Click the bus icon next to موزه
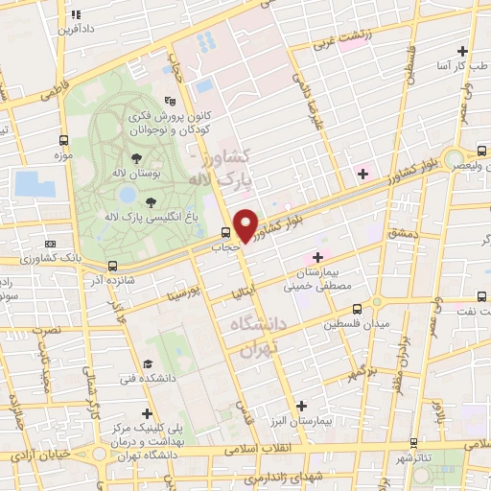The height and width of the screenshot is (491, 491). [x=63, y=139]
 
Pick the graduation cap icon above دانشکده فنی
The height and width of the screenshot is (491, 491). [x=149, y=363]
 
